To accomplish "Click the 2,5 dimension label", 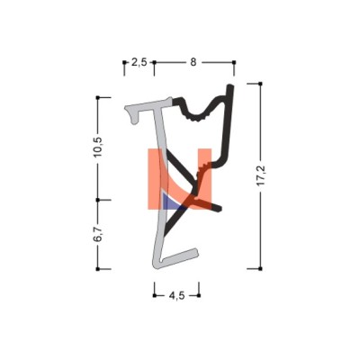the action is click(139, 62).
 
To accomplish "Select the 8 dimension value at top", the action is click(193, 62).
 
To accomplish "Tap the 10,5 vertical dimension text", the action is click(98, 147).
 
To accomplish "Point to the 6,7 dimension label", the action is click(98, 234).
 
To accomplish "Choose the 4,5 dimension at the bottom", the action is click(176, 296).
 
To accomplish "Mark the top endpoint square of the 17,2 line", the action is click(260, 84).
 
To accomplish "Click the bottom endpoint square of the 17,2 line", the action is click(260, 268).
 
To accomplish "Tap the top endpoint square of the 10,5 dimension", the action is click(97, 97).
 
